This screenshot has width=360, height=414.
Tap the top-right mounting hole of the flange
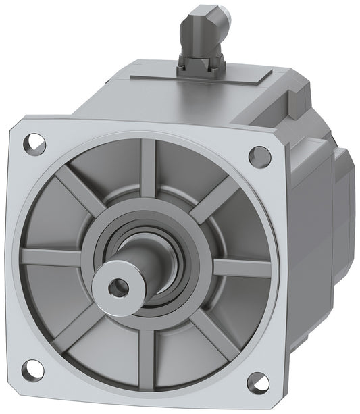click(259, 156)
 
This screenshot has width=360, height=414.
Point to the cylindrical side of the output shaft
click(135, 260)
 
